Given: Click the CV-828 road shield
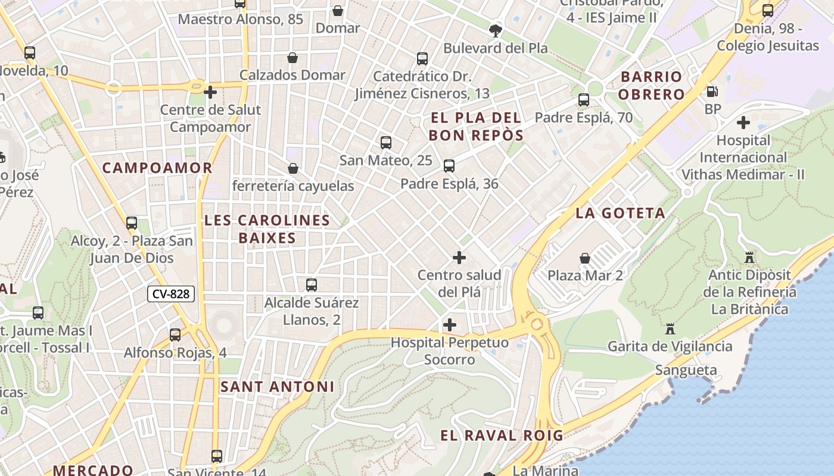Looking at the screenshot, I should click(172, 293).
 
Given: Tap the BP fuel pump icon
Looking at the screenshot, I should click(712, 92).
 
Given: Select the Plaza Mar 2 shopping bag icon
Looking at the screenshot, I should click(585, 258).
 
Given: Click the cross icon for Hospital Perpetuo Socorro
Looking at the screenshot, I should click(450, 325).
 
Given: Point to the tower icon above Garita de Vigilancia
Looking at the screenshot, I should click(670, 328).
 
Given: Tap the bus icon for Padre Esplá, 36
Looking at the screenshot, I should click(449, 166).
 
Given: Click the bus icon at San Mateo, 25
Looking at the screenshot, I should click(386, 143).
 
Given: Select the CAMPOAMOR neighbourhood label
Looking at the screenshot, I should click(157, 168).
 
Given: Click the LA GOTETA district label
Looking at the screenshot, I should click(620, 213).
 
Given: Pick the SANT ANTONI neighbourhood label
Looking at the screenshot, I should click(277, 387).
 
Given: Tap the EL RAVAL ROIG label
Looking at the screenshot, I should click(502, 435).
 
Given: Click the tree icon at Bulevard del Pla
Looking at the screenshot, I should click(495, 30).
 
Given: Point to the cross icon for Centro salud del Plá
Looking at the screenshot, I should click(459, 258).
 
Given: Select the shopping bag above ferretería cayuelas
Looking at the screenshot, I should click(292, 168).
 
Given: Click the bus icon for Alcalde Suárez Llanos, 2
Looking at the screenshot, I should click(312, 285).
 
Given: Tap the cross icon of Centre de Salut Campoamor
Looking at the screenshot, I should click(210, 92).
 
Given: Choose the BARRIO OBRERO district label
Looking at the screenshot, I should click(651, 85).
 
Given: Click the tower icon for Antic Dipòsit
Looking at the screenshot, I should click(749, 258).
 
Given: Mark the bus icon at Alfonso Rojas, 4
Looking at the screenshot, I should click(175, 335).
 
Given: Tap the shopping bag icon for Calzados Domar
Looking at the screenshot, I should click(292, 58).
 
